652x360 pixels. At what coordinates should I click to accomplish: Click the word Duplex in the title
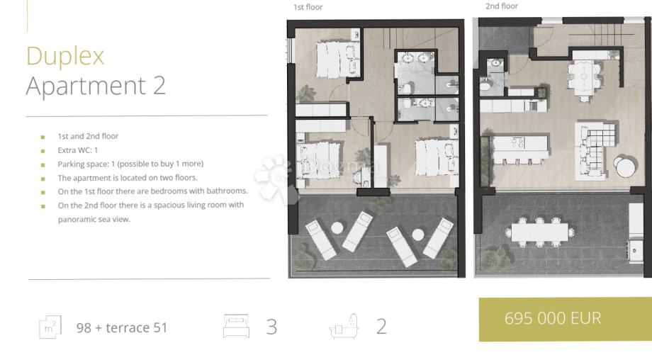[x=65, y=56]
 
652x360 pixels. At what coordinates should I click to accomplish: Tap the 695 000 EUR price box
[x=565, y=320]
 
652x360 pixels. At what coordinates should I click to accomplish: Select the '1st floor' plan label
[x=308, y=7]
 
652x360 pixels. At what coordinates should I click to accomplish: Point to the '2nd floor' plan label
[x=502, y=6]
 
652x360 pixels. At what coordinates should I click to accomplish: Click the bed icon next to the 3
[x=236, y=326]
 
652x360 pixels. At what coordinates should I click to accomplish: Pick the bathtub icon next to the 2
[x=344, y=326]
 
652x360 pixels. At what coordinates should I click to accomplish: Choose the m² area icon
[x=50, y=327]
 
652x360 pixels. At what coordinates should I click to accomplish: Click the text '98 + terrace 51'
[x=122, y=327]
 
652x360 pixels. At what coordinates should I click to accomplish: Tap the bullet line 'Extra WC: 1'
[x=77, y=150]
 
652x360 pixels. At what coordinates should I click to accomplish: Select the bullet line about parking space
[x=130, y=164]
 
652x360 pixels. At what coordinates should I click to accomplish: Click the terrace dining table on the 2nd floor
[x=539, y=232]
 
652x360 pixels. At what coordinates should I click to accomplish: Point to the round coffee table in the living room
[x=625, y=167]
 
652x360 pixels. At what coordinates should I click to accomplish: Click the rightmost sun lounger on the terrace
[x=438, y=238]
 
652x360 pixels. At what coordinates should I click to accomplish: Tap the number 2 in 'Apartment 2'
[x=159, y=86]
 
